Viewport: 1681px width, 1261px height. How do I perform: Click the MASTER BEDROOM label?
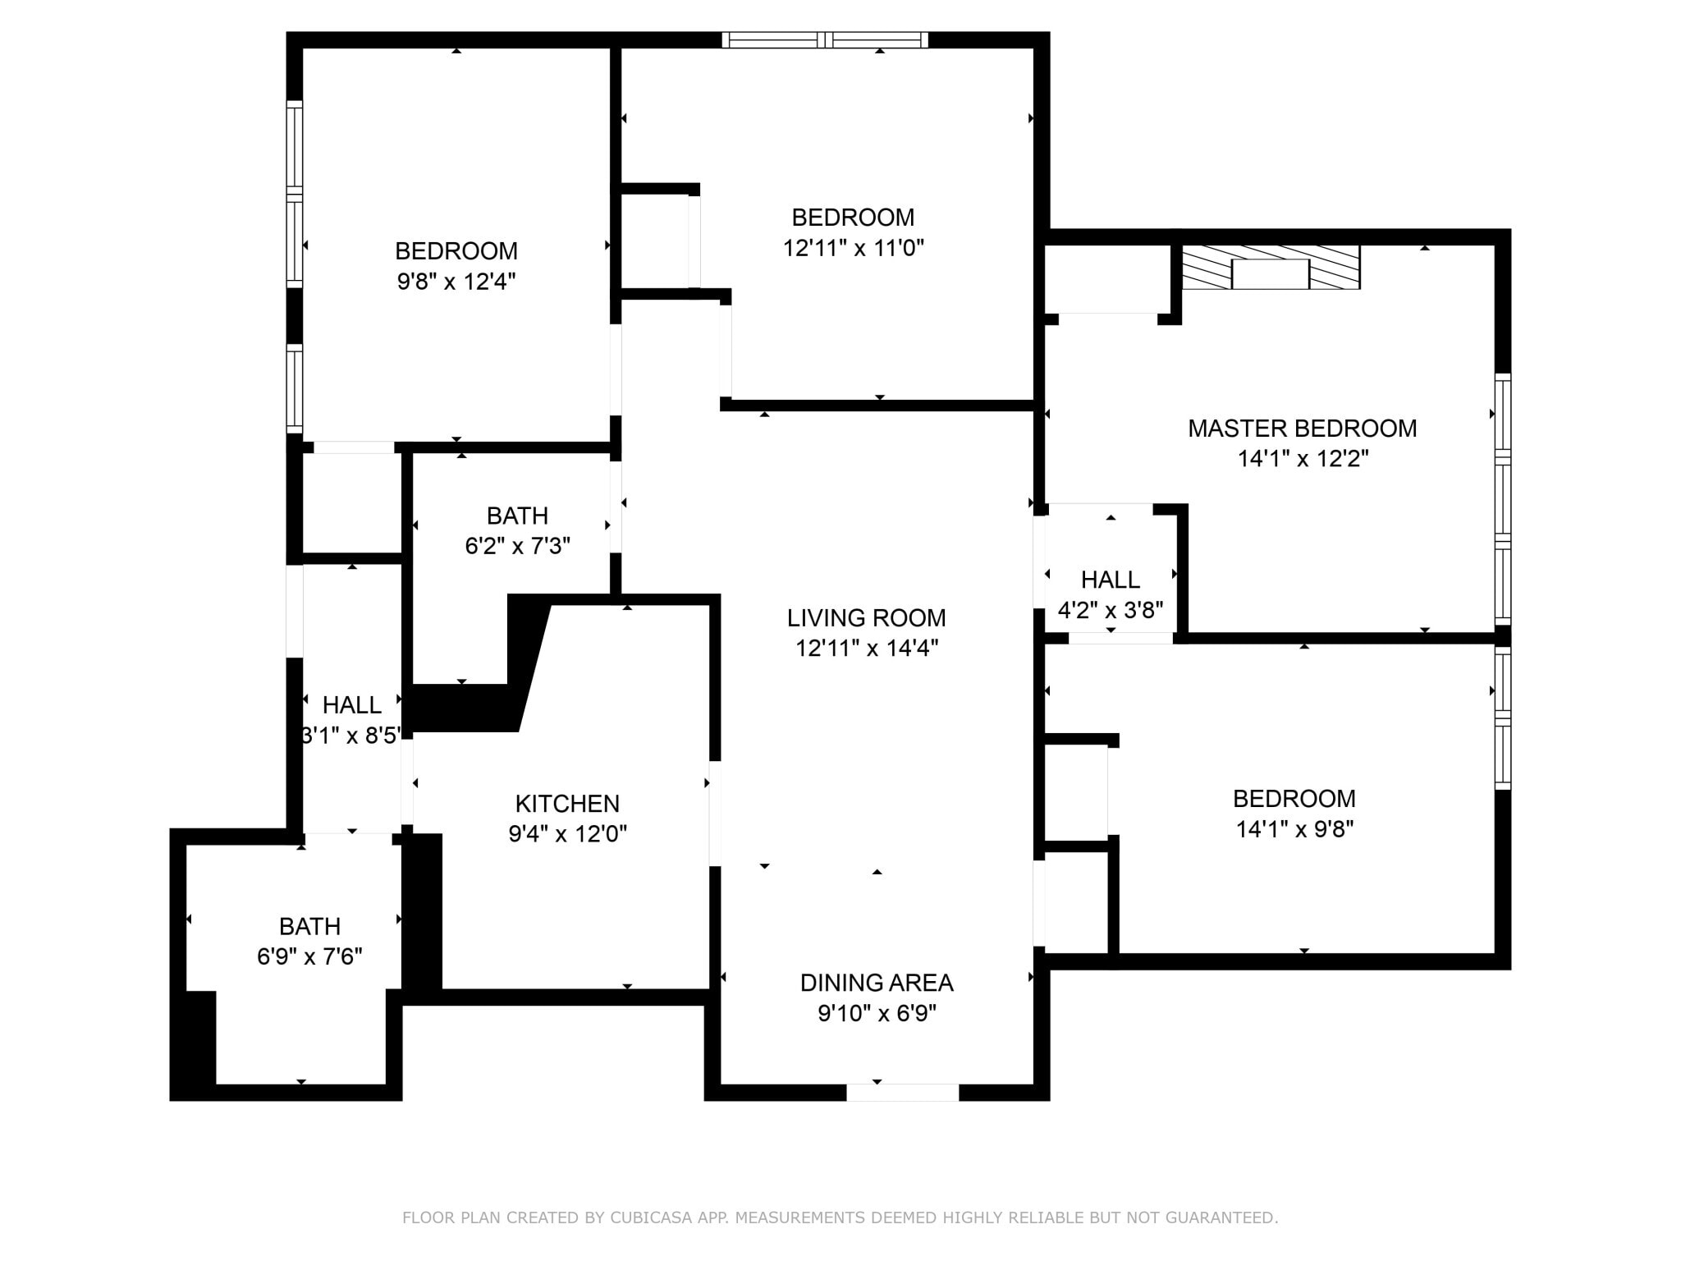(1302, 429)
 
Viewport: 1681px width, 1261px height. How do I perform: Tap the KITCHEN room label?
(567, 804)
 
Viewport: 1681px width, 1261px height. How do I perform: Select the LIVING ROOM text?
(866, 617)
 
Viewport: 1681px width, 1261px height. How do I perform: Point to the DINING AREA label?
(877, 983)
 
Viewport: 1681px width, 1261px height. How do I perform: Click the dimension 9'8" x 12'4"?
(456, 282)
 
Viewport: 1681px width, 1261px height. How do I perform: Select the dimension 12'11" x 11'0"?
(853, 248)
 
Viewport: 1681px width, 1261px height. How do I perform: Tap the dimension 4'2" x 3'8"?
(1110, 611)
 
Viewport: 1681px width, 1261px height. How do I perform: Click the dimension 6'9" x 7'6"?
(309, 957)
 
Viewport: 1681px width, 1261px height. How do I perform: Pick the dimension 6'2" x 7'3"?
(517, 546)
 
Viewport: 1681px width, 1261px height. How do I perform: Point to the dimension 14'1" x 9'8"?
(1294, 829)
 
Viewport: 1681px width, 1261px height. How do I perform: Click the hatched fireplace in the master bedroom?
(1270, 268)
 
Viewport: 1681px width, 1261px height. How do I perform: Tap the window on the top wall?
(825, 40)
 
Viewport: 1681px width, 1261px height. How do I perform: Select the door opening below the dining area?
(902, 1093)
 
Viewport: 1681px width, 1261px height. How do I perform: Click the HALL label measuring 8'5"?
(351, 705)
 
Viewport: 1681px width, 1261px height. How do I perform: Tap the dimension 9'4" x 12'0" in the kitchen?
(567, 835)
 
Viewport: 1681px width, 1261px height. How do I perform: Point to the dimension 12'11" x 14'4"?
(866, 649)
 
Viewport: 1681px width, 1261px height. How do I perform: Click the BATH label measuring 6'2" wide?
(517, 516)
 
